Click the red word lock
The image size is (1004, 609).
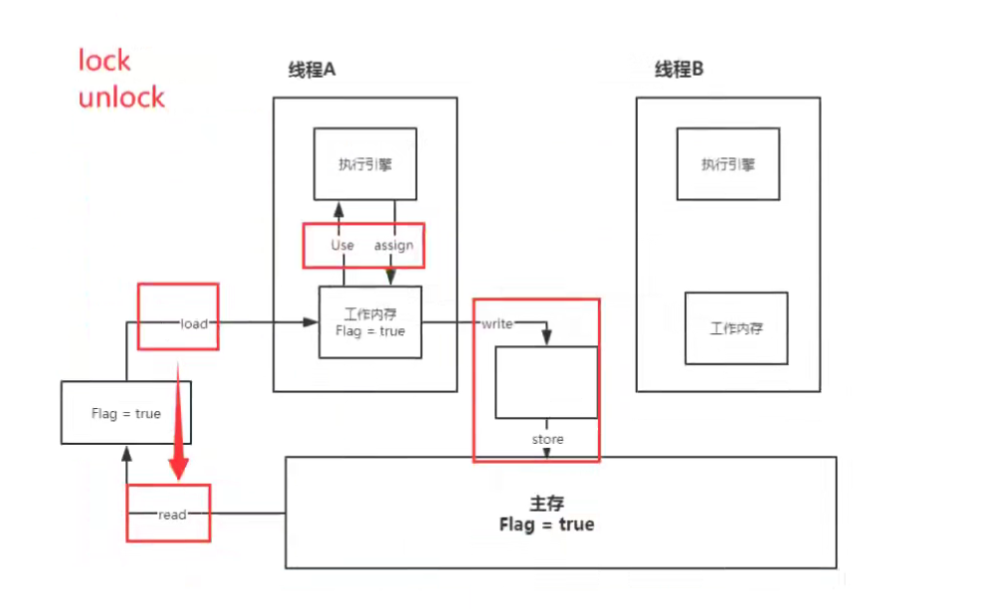[x=104, y=61]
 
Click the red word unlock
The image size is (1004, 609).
[x=121, y=98]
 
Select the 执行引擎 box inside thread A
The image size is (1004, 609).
[x=364, y=163]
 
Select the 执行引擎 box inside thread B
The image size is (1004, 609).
[x=727, y=163]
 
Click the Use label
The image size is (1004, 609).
[x=342, y=245]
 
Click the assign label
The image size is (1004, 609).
[x=393, y=245]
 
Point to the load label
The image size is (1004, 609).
[x=194, y=323]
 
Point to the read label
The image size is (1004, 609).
[x=172, y=514]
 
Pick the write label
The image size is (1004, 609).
[x=497, y=323]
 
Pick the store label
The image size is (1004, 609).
[x=547, y=439]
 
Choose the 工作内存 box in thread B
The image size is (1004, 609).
[x=736, y=328]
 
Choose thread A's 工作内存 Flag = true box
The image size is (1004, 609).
[x=369, y=322]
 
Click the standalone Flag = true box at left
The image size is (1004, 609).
[x=125, y=413]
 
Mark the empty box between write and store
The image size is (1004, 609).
[x=546, y=382]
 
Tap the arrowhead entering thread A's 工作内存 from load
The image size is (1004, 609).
[x=310, y=322]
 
